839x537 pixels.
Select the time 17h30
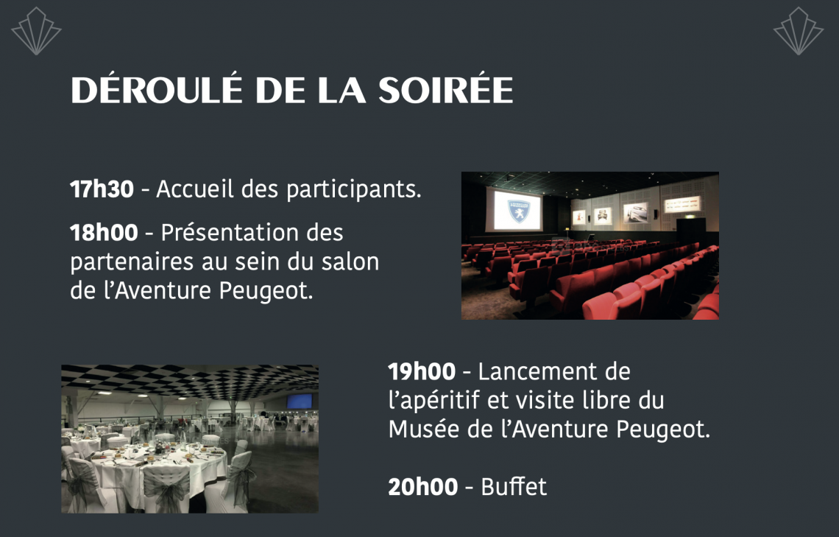tap(102, 189)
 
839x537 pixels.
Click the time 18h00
tap(104, 232)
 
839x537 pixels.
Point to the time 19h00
tap(422, 371)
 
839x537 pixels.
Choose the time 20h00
tap(422, 487)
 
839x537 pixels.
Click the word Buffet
tap(514, 487)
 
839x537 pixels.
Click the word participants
tap(354, 190)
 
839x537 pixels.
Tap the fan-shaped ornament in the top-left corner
tap(36, 31)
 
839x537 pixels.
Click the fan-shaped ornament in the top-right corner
tap(799, 31)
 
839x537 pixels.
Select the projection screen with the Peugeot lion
tap(514, 209)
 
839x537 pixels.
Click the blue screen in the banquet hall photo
tap(299, 401)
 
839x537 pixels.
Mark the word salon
tap(350, 262)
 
